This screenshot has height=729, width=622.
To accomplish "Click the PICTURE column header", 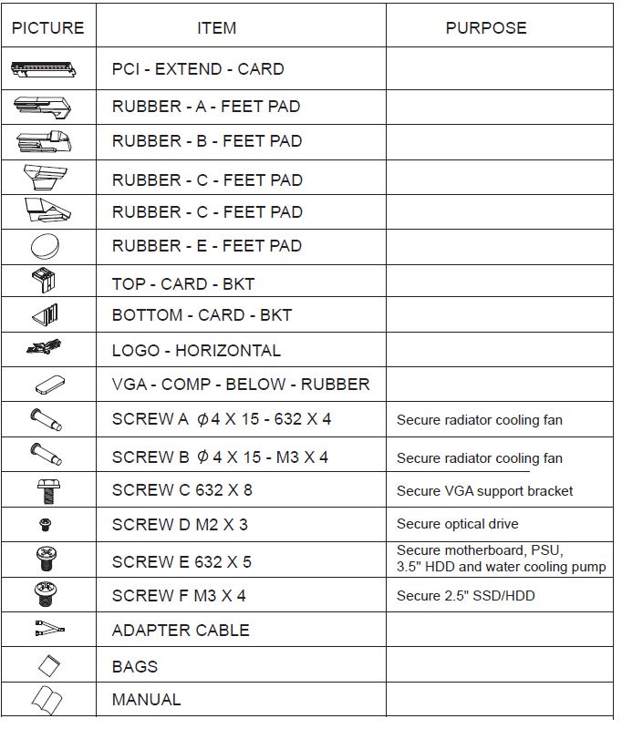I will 47,28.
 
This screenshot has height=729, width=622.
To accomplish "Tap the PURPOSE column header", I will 485,28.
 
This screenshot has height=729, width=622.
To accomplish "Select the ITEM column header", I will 216,28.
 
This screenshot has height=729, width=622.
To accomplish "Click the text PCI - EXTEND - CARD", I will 198,69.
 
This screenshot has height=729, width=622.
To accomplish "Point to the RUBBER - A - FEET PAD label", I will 206,107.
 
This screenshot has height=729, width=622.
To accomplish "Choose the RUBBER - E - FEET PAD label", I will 207,246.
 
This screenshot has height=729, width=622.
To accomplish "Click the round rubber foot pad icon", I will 47,246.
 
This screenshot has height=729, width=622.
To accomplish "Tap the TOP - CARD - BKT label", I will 183,284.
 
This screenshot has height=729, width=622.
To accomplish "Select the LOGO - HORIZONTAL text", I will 196,351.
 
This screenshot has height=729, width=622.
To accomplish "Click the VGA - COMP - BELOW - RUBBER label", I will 241,385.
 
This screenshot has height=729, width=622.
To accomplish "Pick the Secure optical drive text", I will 458,524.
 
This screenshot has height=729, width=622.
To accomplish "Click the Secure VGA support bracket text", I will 485,491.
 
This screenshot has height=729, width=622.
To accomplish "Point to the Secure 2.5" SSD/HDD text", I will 466,596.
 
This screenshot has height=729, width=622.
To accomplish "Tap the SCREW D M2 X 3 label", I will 180,525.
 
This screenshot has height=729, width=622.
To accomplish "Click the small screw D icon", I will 47,524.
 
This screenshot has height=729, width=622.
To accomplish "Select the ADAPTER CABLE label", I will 181,631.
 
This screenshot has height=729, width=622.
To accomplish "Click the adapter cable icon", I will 47,630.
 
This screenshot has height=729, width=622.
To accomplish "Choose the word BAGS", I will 135,667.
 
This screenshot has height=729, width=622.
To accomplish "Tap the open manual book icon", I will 47,700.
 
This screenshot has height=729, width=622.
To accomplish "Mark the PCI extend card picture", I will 47,69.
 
